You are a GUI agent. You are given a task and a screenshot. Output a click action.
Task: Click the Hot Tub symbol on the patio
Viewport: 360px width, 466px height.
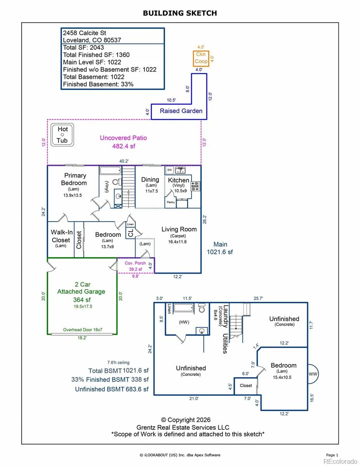62,135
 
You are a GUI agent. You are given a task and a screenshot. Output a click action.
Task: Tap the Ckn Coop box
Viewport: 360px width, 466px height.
201,58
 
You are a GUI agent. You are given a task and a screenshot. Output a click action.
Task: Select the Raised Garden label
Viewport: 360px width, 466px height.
181,111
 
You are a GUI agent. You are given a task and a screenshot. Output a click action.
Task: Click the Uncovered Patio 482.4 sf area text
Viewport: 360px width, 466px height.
123,142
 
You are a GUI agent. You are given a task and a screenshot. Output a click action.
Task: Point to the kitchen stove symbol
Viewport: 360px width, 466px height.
195,186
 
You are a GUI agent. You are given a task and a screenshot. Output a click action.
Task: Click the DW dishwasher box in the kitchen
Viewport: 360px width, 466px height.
170,170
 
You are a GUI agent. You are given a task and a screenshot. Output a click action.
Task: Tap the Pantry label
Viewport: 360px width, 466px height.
171,202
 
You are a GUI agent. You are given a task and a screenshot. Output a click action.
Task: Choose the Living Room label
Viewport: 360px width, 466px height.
179,229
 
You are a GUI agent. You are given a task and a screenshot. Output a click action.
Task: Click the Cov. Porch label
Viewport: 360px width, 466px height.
135,263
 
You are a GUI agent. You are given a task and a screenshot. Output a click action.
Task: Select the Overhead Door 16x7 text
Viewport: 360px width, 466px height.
83,330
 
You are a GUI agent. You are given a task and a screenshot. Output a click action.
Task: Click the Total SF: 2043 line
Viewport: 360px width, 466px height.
83,47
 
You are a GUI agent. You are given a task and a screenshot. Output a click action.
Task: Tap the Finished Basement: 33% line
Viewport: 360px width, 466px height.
98,84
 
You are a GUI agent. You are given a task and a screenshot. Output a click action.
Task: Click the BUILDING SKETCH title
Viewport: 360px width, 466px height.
180,13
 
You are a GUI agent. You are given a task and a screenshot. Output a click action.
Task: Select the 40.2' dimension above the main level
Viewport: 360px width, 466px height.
124,161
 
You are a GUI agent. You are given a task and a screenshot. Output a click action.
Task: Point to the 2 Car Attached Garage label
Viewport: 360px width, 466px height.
82,288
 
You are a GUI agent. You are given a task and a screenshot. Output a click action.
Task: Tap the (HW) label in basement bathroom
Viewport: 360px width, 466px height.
184,322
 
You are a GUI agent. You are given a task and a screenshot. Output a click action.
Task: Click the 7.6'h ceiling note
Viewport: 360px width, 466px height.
118,362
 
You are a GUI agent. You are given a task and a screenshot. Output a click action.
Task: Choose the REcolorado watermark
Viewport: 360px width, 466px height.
340,461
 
